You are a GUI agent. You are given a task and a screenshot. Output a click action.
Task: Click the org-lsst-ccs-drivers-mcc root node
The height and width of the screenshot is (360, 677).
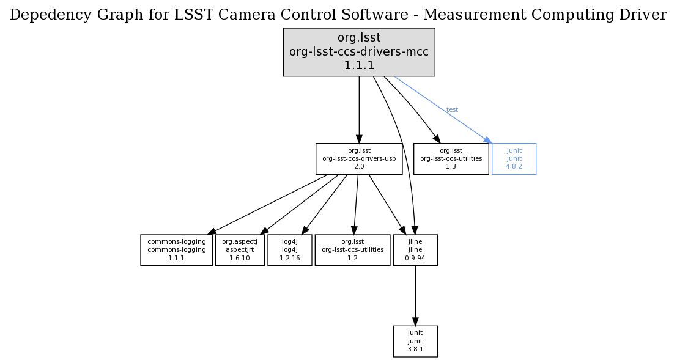pos(358,52)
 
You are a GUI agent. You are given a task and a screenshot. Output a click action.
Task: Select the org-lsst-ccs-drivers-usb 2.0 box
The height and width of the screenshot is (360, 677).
pos(359,158)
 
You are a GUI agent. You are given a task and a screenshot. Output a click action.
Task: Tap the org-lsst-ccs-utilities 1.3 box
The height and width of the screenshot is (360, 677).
pos(451,158)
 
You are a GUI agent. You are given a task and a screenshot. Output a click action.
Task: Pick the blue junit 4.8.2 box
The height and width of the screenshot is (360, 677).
pos(514,158)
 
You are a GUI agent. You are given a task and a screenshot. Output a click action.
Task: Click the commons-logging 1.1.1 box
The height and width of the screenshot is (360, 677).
pos(176,250)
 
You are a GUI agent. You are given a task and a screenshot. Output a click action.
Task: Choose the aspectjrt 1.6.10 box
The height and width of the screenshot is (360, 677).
pos(240,250)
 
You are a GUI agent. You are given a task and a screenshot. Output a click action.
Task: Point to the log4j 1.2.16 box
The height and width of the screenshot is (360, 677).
pos(289,250)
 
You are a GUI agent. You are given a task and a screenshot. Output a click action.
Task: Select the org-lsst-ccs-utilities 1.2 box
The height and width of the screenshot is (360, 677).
pos(352,250)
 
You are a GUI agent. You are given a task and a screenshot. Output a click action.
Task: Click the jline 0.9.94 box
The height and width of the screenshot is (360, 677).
pos(415,250)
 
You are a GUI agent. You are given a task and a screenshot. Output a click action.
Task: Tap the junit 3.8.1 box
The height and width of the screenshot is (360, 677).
pos(415,341)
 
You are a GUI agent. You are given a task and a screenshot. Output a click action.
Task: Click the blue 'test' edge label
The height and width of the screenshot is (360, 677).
pos(452,110)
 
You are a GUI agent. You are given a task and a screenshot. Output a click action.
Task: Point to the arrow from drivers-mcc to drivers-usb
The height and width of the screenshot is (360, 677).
pos(359,110)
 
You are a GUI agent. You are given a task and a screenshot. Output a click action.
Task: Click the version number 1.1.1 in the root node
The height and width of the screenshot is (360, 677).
pos(359,65)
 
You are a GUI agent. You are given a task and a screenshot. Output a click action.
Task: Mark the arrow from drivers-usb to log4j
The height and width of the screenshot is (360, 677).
pos(325,204)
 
